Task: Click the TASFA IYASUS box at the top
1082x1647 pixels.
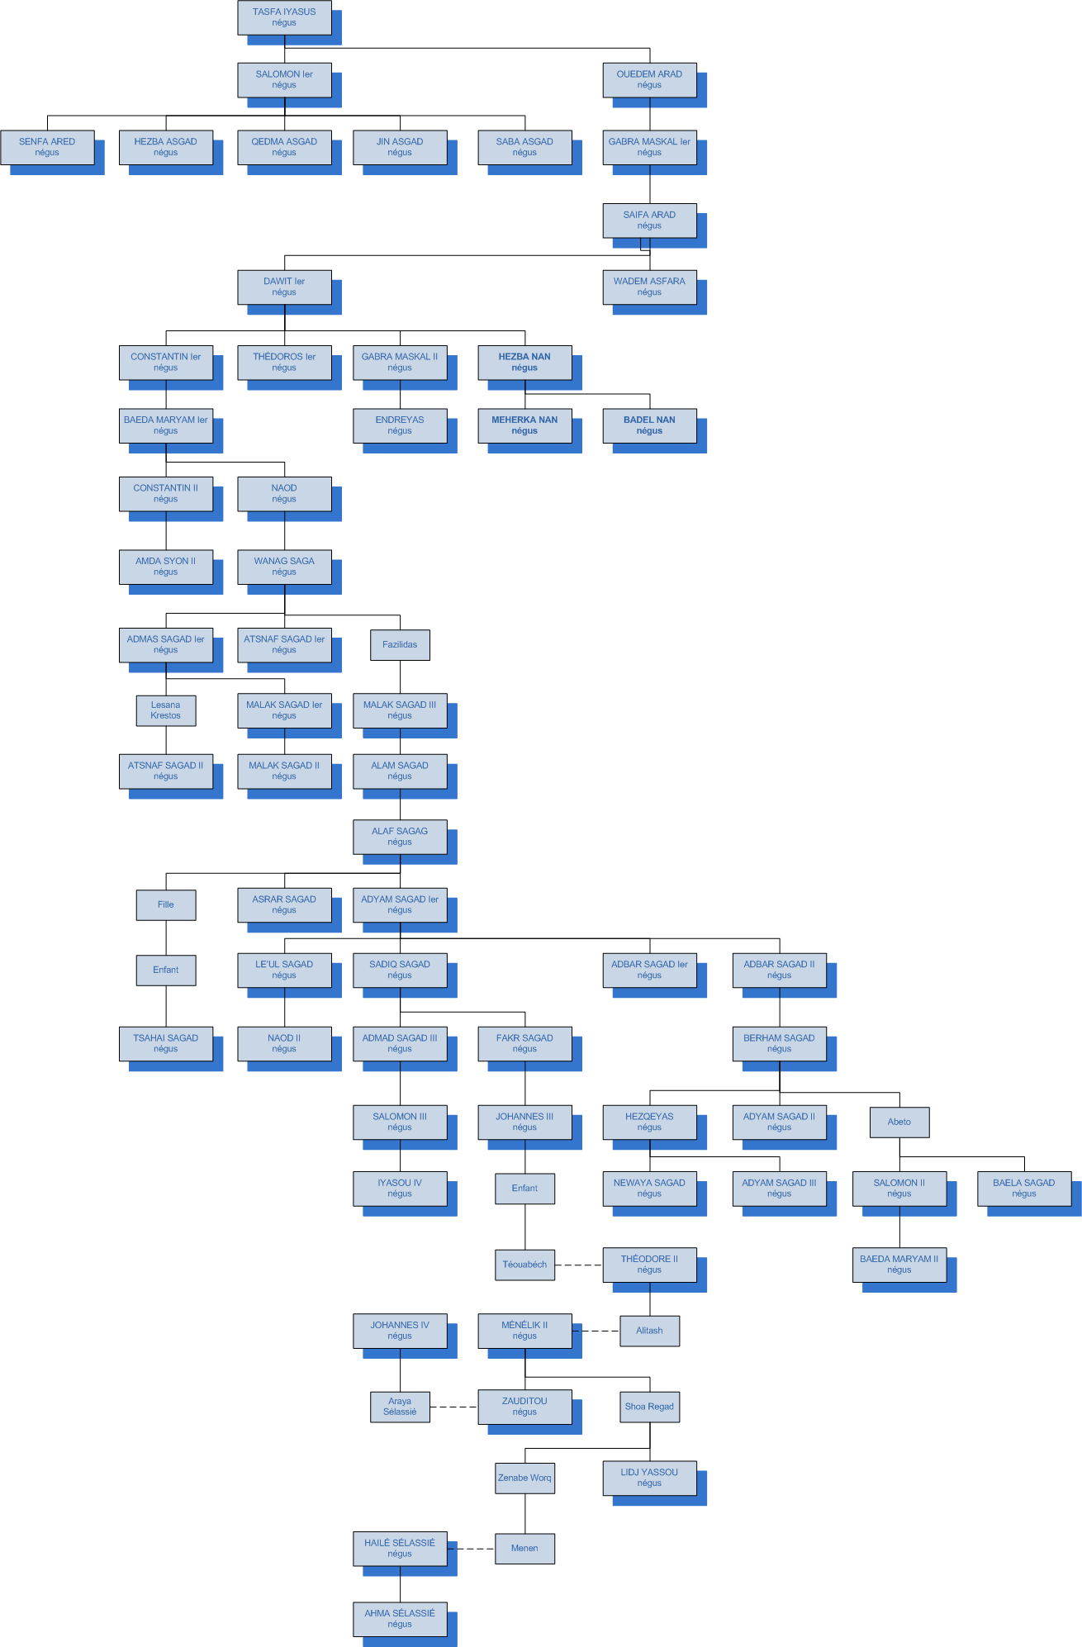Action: click(x=284, y=17)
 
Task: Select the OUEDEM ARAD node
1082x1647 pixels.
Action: click(x=649, y=79)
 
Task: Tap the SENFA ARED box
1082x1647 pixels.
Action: click(x=47, y=147)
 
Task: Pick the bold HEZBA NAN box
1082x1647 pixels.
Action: click(x=524, y=362)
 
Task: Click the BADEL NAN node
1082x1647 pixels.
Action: click(x=649, y=425)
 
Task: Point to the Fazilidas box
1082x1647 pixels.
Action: click(x=400, y=644)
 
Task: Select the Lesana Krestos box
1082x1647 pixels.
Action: click(x=166, y=710)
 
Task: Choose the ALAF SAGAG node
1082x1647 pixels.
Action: click(x=400, y=837)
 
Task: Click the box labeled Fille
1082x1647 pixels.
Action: click(x=166, y=904)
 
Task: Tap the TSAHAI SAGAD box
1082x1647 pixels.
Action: click(x=166, y=1043)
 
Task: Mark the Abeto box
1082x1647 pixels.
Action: click(x=899, y=1122)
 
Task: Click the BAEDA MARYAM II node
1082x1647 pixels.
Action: click(x=899, y=1265)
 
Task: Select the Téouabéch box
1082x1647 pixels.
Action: click(x=524, y=1265)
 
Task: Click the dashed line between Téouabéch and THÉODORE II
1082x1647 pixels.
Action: click(x=578, y=1265)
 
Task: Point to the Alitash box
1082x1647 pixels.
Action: click(x=649, y=1331)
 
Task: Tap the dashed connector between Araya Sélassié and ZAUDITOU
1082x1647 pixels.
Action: click(x=453, y=1407)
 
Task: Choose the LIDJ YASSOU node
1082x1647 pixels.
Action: click(x=649, y=1478)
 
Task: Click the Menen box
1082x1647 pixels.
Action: click(x=524, y=1549)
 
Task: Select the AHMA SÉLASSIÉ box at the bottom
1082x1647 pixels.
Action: click(x=400, y=1618)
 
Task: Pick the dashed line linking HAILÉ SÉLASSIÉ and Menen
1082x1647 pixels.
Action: click(x=471, y=1549)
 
